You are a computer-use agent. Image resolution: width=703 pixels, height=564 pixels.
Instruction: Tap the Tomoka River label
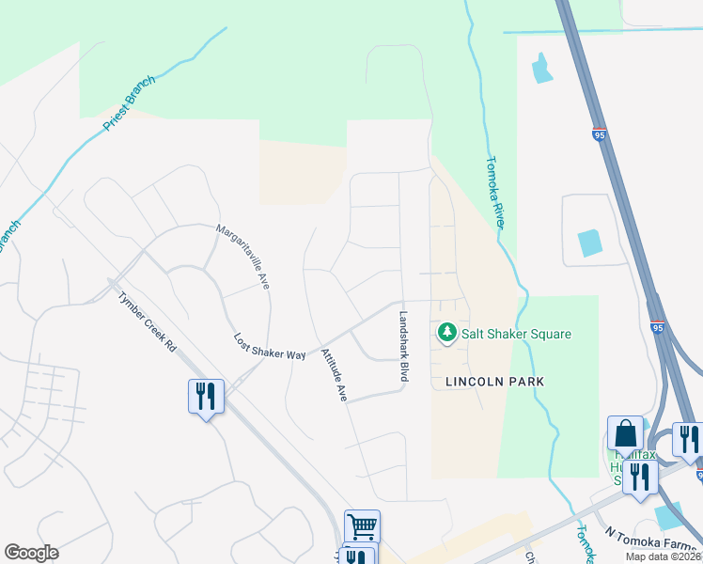point(497,191)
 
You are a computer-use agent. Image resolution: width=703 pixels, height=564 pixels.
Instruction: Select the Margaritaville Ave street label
point(242,256)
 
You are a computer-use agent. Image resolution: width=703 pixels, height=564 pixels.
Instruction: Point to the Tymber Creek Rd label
point(147,320)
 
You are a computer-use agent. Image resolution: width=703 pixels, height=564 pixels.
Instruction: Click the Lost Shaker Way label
point(270,347)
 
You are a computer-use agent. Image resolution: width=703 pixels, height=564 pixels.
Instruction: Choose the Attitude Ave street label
point(334,375)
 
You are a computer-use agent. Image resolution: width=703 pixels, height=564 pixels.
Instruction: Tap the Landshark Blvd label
point(404,346)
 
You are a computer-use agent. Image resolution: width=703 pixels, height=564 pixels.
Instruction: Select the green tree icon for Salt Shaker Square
point(447,333)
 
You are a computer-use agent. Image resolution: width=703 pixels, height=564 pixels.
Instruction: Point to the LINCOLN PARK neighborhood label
point(489,382)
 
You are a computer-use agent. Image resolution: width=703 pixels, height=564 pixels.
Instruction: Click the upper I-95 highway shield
point(600,135)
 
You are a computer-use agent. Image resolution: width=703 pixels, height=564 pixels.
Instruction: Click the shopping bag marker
point(625,434)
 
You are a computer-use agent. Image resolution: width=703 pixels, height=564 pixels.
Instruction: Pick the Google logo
point(31,553)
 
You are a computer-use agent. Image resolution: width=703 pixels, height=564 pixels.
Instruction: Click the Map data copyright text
point(664,556)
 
